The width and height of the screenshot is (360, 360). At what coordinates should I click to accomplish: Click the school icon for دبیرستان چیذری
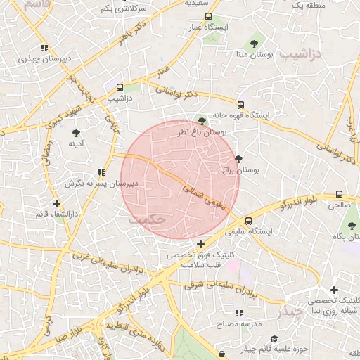click(44, 49)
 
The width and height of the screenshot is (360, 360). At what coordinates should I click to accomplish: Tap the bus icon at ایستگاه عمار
click(207, 16)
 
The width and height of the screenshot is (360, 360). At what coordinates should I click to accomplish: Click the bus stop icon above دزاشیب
click(120, 88)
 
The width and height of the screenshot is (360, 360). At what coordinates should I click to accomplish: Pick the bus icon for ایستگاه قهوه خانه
click(240, 105)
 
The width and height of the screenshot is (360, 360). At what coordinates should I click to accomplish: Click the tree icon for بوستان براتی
click(238, 159)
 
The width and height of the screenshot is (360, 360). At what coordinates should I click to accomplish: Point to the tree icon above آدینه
click(76, 132)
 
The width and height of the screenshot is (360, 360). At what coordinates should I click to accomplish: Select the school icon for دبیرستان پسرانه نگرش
click(102, 172)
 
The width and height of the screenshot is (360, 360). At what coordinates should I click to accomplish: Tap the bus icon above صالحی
click(340, 195)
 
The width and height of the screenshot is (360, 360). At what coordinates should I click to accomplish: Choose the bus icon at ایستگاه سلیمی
click(248, 220)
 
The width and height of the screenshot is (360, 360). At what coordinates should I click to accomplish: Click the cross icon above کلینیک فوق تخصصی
click(200, 243)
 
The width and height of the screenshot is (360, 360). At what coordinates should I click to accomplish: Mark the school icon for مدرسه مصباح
click(239, 312)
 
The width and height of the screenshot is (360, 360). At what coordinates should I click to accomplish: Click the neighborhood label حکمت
click(147, 219)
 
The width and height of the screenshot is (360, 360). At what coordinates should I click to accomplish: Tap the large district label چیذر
click(291, 310)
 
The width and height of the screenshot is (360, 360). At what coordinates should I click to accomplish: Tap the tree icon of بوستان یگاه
click(352, 226)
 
